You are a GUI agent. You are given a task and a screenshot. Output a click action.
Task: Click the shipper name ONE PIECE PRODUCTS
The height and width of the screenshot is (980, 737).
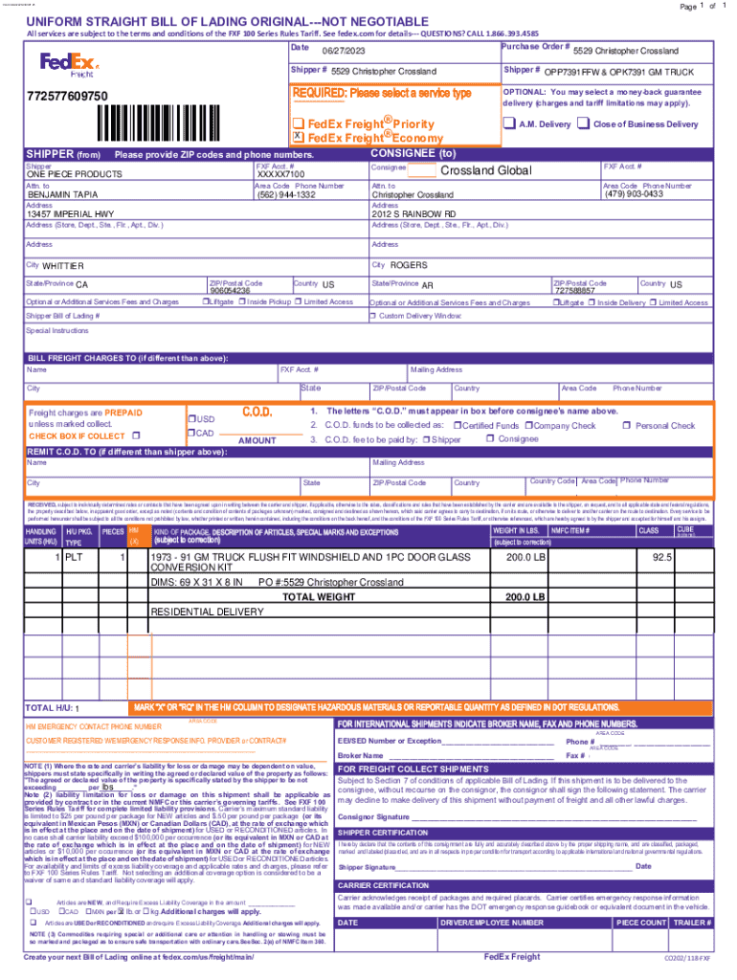pos(74,175)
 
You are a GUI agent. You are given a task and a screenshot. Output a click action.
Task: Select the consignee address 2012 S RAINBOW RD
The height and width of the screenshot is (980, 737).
pos(413,214)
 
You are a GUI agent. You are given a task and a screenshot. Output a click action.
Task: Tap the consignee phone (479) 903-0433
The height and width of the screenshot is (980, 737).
pos(634,194)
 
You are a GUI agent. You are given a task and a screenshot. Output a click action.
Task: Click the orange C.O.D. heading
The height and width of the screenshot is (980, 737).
pos(257,412)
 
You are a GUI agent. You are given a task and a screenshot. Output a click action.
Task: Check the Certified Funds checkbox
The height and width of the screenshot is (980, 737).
pos(458,426)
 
